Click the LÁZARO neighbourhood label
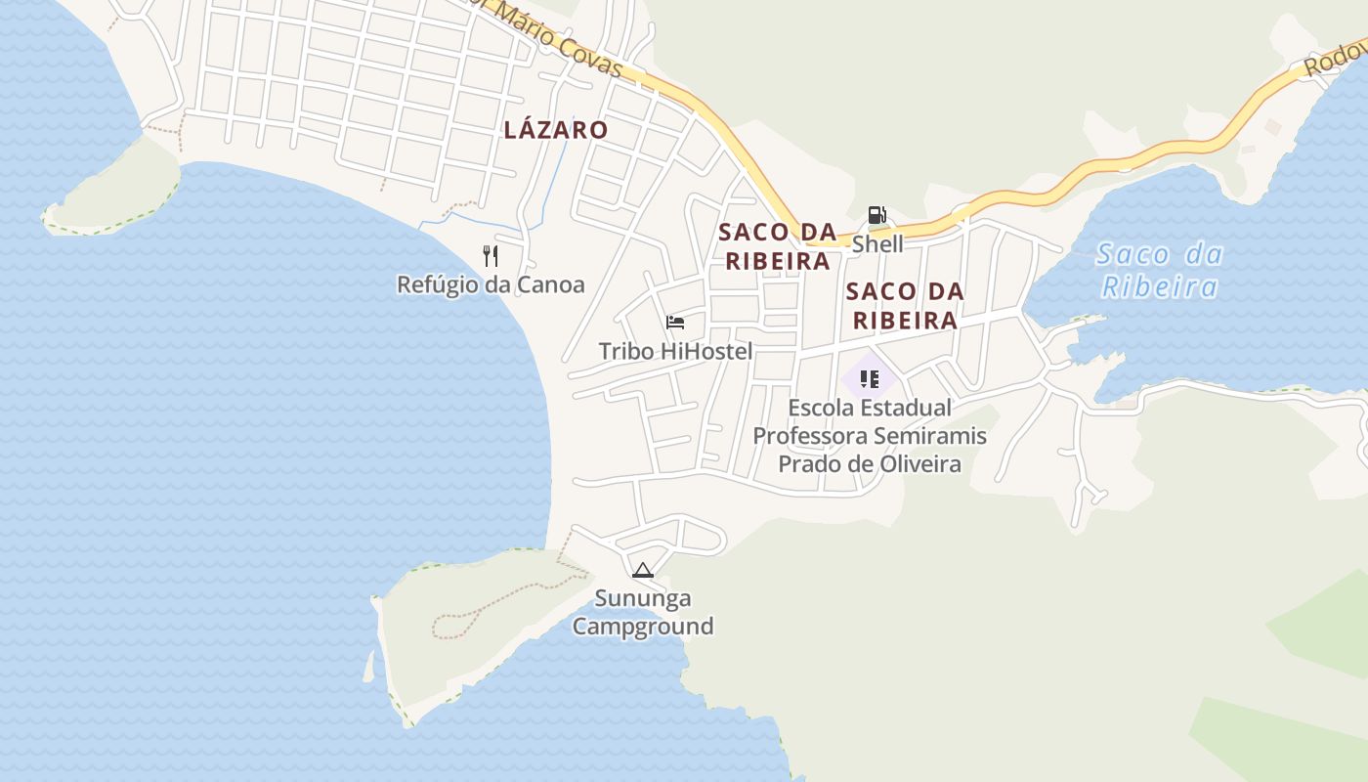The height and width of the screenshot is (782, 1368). click(555, 130)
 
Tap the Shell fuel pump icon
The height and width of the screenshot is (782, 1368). click(876, 215)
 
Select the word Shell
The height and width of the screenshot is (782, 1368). click(877, 243)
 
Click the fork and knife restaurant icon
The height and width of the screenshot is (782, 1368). click(491, 256)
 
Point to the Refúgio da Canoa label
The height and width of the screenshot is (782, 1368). click(491, 284)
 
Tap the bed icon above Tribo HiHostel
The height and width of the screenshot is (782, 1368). click(674, 323)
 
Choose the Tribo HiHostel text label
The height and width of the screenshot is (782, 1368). click(675, 351)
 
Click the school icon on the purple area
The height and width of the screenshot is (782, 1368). click(870, 378)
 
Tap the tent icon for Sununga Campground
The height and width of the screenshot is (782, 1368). click(642, 570)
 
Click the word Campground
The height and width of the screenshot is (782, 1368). click(643, 626)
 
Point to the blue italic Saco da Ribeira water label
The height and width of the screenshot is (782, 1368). click(1160, 271)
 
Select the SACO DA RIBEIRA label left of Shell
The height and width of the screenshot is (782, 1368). click(778, 246)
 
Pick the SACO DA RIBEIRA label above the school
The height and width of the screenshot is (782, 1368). click(905, 305)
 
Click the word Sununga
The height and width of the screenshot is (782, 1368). click(643, 598)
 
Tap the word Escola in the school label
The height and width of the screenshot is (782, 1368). click(821, 408)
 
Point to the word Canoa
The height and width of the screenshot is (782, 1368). click(553, 284)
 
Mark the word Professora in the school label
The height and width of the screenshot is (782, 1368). click(810, 436)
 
